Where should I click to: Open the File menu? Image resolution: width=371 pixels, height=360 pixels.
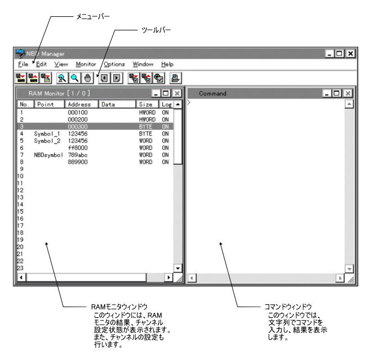23,64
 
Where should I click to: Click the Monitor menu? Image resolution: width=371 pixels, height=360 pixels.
86,64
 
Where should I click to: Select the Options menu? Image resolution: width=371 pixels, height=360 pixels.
114,64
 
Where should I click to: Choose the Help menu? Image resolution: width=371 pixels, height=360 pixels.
168,64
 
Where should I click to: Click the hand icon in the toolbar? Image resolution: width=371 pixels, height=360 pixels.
87,78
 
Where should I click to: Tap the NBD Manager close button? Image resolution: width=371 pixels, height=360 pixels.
350,54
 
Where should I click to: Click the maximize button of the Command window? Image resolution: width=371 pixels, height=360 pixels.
337,93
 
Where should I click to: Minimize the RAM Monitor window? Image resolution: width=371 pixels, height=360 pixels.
156,93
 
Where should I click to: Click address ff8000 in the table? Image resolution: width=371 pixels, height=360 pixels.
78,148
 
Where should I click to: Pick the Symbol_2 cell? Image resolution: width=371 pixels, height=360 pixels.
47,141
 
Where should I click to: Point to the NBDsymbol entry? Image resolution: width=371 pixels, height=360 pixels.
48,155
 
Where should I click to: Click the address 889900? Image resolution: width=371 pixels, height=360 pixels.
78,162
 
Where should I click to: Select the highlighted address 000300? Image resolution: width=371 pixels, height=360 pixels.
78,127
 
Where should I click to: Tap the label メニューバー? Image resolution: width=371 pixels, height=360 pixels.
93,16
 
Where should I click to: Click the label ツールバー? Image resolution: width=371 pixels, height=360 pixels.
156,30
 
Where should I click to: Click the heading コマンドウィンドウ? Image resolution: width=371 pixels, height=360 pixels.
288,307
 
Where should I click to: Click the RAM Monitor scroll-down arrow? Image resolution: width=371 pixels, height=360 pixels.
178,268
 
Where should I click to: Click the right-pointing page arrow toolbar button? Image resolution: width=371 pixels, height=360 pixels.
117,78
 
